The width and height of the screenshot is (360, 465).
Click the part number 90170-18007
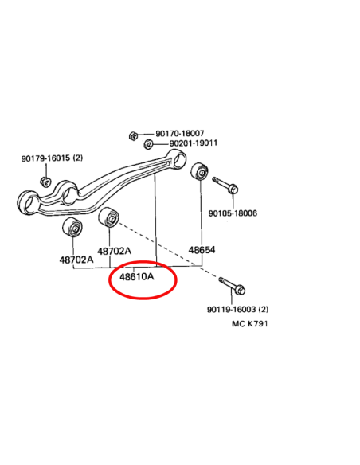[x=180, y=134]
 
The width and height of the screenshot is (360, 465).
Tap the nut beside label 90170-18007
[x=134, y=136]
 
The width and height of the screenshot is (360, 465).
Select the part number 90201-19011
[x=194, y=143]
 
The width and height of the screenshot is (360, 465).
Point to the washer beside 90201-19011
[x=148, y=144]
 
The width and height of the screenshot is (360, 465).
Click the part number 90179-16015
[x=45, y=158]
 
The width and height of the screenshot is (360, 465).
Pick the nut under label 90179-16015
[x=46, y=181]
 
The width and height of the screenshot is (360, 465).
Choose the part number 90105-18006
[x=233, y=213]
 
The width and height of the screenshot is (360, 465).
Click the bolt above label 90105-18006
[x=226, y=185]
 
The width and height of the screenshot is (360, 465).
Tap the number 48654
[x=202, y=250]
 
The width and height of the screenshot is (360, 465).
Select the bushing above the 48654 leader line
[x=200, y=171]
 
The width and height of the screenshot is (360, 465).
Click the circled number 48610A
[x=137, y=277]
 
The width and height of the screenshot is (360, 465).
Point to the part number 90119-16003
[x=231, y=309]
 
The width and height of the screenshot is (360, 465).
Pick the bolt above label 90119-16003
[x=233, y=285]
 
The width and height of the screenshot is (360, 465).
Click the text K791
[x=257, y=323]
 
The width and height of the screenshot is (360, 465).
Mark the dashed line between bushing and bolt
[x=168, y=250]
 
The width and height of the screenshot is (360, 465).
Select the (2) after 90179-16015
[x=78, y=158]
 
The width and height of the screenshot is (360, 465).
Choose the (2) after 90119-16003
[x=264, y=309]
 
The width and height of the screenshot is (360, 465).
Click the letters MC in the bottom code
[x=238, y=323]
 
